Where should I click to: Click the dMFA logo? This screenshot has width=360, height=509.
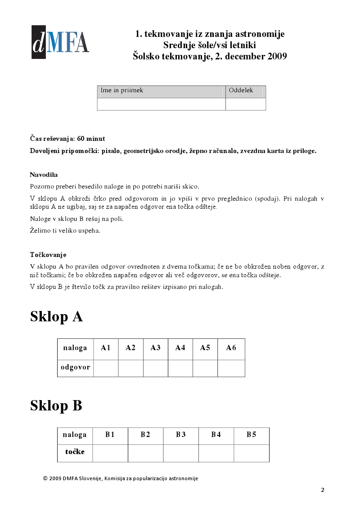(x=60, y=42)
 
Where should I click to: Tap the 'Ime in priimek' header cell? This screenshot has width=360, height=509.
(x=161, y=92)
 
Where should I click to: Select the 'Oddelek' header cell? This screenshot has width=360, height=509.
(x=245, y=92)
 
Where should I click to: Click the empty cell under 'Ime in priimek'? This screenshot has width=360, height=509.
(x=161, y=104)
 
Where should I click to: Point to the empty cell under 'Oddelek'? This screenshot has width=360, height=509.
(x=245, y=104)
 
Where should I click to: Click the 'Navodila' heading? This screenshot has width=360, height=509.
(x=44, y=175)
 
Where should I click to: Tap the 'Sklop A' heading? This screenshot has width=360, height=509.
(x=56, y=316)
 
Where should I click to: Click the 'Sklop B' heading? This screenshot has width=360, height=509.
(x=56, y=405)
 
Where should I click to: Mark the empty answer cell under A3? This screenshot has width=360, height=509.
(x=156, y=368)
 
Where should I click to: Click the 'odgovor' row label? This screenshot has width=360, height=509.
(x=75, y=368)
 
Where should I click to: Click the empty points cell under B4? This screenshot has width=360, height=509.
(x=216, y=453)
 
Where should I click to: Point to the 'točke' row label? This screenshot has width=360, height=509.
(x=75, y=452)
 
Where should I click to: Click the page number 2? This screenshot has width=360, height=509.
(x=322, y=490)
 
